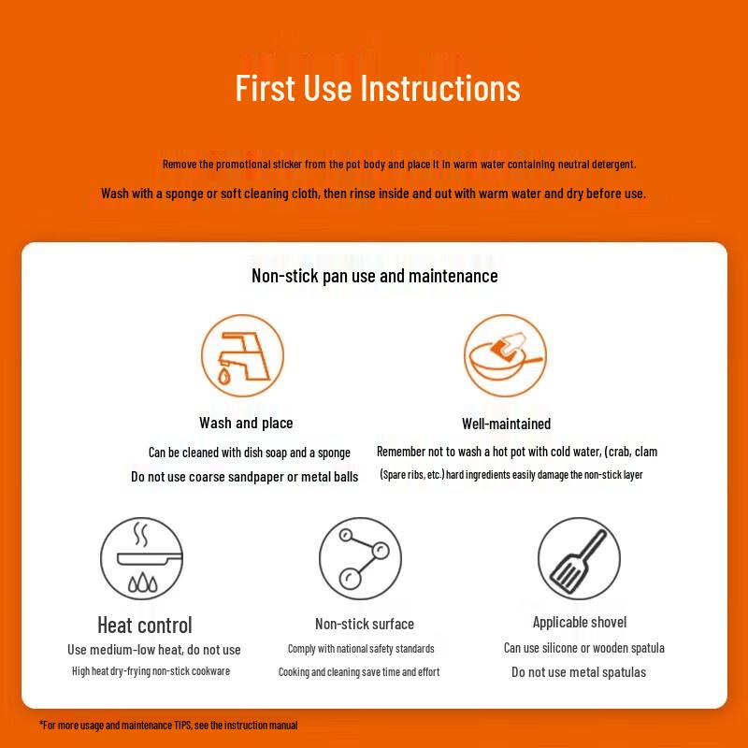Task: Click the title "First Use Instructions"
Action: (x=378, y=88)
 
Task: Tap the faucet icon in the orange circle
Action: (x=242, y=355)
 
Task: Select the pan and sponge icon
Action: (x=505, y=355)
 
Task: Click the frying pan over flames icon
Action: (x=142, y=558)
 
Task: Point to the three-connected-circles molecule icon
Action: (x=360, y=558)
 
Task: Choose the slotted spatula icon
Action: (x=579, y=558)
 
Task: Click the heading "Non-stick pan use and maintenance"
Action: (x=375, y=276)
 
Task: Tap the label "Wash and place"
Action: (x=246, y=423)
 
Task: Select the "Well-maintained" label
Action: (x=506, y=424)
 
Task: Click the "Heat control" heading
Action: (x=145, y=625)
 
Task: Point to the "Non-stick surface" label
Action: (x=365, y=624)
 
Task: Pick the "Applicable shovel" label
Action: (x=580, y=622)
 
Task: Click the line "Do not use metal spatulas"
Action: (x=579, y=672)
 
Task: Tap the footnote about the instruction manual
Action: (x=168, y=726)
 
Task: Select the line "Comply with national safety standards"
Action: (x=361, y=649)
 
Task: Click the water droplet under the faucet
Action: (x=223, y=376)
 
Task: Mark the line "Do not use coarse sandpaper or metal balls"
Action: (x=244, y=477)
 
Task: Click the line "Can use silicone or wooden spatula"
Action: (x=583, y=648)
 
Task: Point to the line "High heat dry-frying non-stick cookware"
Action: (x=151, y=671)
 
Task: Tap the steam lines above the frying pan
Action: (x=141, y=534)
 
